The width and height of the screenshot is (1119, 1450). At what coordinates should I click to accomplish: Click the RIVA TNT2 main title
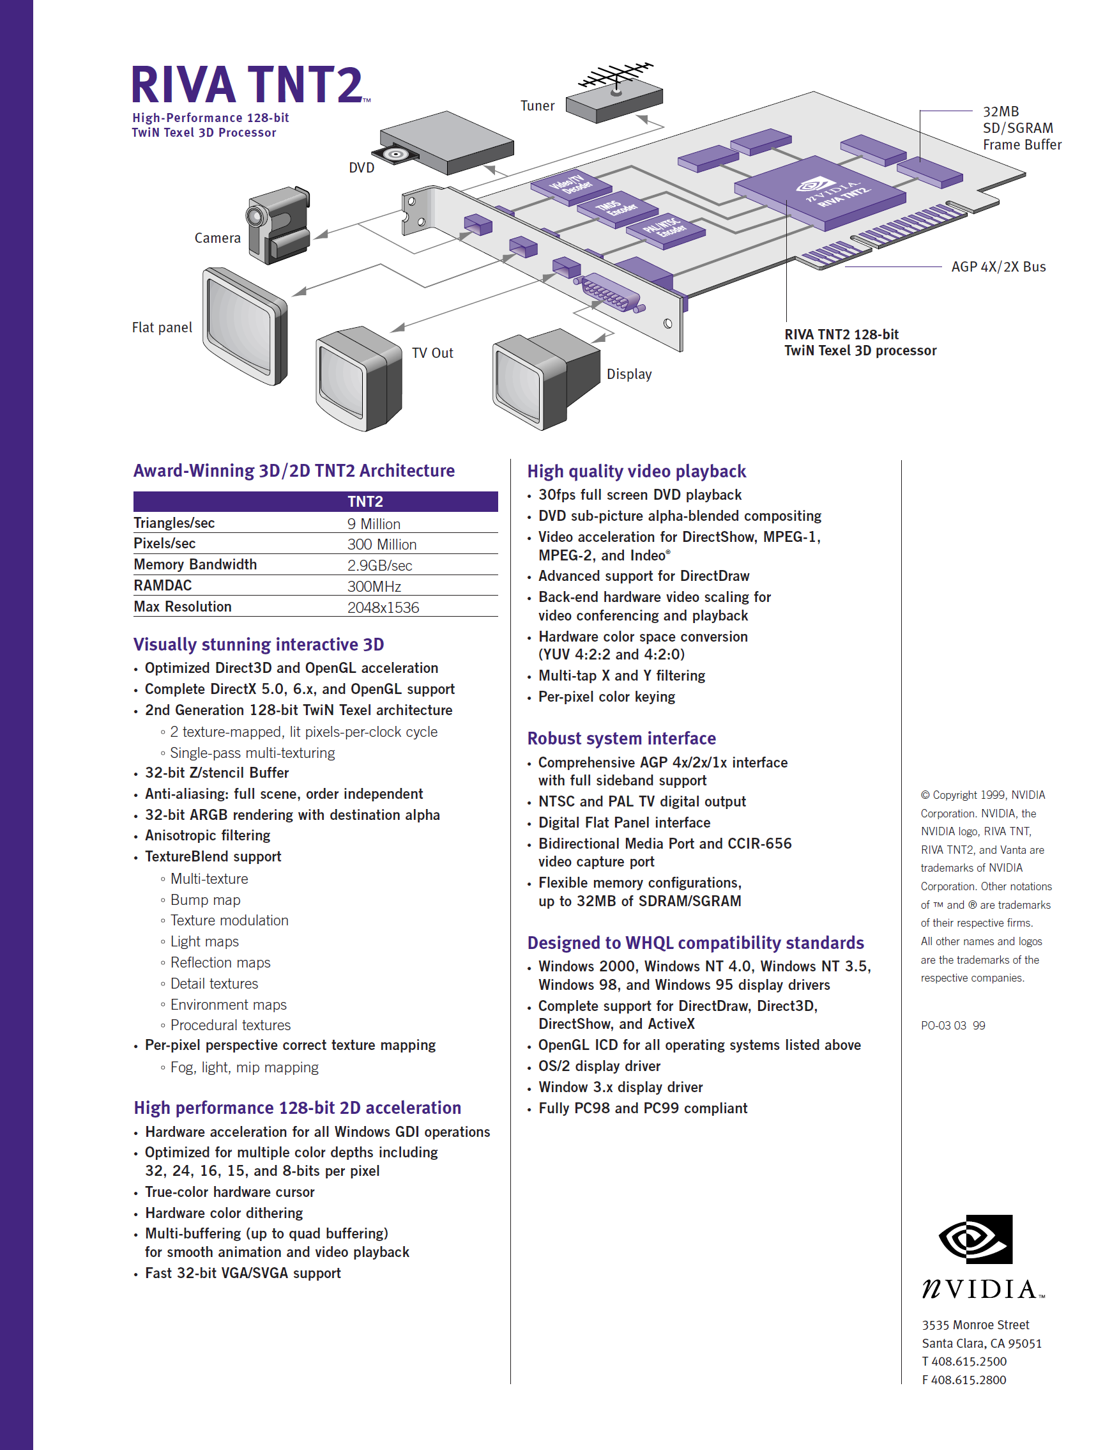click(250, 85)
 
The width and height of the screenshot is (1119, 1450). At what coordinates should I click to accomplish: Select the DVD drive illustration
click(446, 143)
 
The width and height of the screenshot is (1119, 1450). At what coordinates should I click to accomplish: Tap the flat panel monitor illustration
click(245, 326)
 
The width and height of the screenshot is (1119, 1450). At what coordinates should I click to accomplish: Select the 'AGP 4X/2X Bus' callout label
click(998, 267)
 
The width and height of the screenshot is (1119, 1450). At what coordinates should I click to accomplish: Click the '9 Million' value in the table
click(374, 524)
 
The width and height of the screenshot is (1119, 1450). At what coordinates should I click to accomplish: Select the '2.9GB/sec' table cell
click(379, 566)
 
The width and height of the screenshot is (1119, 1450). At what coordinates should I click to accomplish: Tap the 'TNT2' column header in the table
click(365, 502)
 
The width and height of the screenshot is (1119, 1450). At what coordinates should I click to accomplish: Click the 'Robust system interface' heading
click(621, 738)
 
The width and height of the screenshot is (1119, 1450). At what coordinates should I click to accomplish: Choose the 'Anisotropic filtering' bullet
click(208, 835)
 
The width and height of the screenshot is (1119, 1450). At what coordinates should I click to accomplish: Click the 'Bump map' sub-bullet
click(205, 900)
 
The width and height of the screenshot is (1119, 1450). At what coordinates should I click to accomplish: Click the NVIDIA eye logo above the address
click(976, 1239)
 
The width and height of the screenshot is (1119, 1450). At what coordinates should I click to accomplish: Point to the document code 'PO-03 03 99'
click(952, 1026)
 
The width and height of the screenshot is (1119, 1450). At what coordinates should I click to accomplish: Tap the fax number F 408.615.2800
click(964, 1380)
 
